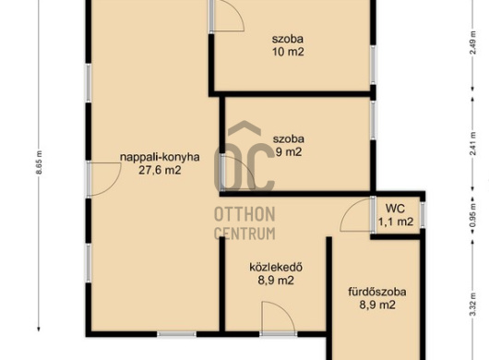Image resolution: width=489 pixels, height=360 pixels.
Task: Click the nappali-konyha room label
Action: (x=160, y=157)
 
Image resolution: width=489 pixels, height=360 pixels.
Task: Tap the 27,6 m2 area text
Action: (x=160, y=171)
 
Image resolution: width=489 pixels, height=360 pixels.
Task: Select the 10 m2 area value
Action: (x=288, y=52)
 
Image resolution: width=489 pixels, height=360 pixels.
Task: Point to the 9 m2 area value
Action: (x=289, y=152)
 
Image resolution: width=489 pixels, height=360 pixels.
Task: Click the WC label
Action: (x=395, y=208)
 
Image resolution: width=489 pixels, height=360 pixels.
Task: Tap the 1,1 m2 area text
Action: (x=396, y=222)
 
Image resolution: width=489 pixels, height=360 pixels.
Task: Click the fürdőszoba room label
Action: (x=377, y=292)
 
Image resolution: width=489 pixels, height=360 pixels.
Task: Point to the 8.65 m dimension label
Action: (x=39, y=162)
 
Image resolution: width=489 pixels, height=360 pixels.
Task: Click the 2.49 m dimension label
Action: (x=473, y=42)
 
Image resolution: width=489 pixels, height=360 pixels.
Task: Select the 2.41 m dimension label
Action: (x=473, y=144)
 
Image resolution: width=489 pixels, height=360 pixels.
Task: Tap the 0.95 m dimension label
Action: (x=473, y=215)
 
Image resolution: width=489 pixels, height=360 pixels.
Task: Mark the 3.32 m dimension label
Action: (x=473, y=305)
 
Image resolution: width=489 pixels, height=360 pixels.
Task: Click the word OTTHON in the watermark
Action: (x=244, y=214)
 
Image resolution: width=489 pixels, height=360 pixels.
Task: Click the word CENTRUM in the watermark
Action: (x=244, y=233)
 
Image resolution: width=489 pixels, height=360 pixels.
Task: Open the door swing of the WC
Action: (x=355, y=215)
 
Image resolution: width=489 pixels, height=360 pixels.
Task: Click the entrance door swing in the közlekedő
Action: (x=279, y=317)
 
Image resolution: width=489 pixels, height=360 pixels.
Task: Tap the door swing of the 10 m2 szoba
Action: (x=228, y=15)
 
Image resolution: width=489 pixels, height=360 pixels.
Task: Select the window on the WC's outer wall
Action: (x=423, y=214)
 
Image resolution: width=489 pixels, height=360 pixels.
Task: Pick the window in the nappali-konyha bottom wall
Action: (x=176, y=334)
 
